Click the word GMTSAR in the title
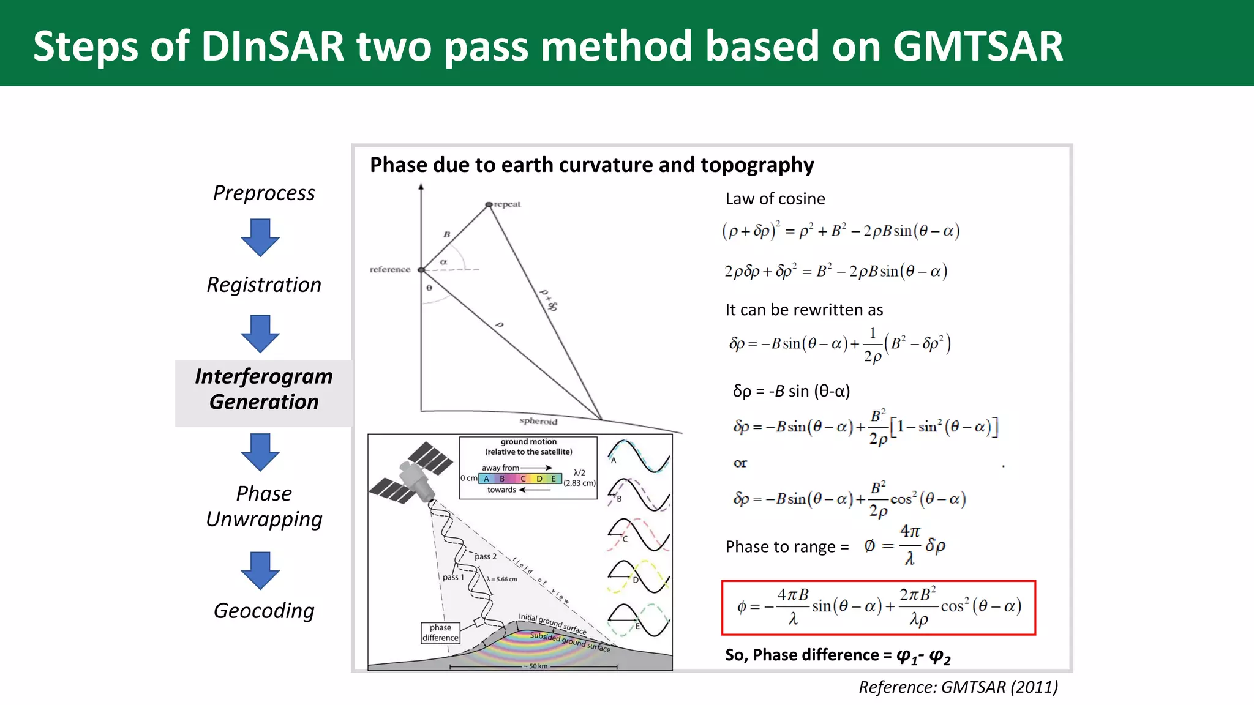point(977,47)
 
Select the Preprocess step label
point(264,193)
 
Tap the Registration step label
point(264,285)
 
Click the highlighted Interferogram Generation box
point(264,390)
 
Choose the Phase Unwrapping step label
point(264,506)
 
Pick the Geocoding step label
point(264,611)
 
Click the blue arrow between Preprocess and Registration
point(260,237)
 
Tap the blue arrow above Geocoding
point(260,570)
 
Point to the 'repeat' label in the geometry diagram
point(507,204)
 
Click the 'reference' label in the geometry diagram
point(390,269)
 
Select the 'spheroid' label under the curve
point(538,421)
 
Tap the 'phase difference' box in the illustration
point(440,633)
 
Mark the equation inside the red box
point(879,607)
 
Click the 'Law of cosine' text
point(775,199)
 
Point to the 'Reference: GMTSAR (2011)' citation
point(958,687)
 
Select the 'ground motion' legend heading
point(528,442)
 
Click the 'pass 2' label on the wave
point(486,556)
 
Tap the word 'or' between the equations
point(740,463)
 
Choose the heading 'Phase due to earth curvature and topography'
point(592,165)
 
